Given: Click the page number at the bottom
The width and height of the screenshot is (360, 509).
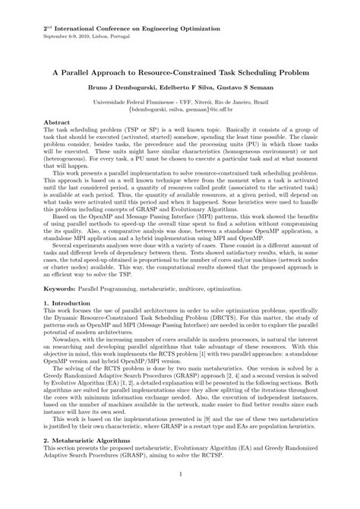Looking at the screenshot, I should (180, 497).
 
